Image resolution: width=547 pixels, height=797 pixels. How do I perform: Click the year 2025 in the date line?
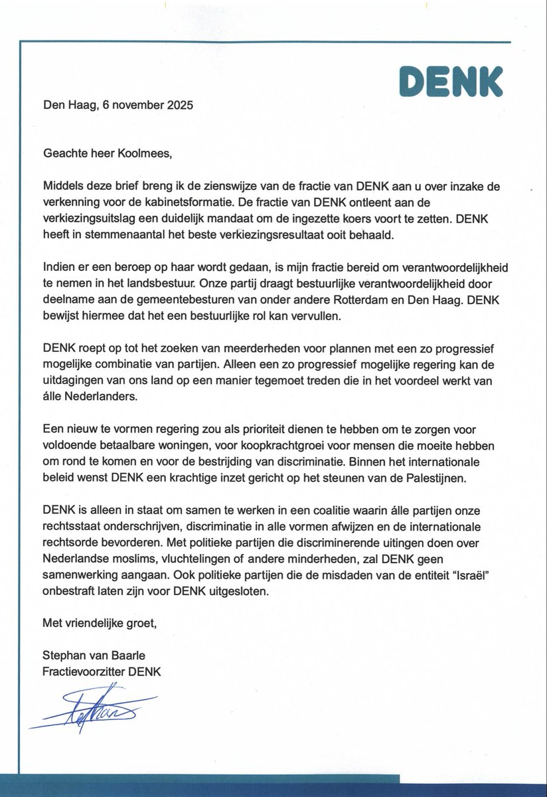[x=181, y=105]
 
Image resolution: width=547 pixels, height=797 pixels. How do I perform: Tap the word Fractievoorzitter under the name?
[x=86, y=672]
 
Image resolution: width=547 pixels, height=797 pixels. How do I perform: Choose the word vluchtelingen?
[x=200, y=560]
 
